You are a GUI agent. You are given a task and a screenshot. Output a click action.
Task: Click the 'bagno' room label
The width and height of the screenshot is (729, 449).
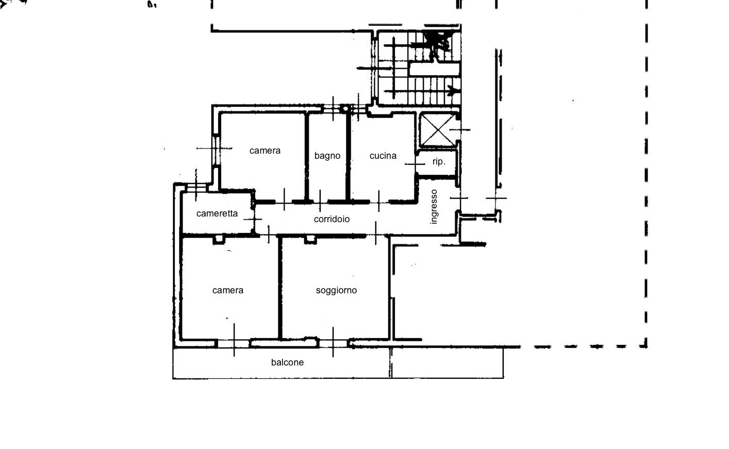tap(327, 156)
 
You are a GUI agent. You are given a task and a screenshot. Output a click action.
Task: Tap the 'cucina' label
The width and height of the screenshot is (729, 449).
tap(383, 156)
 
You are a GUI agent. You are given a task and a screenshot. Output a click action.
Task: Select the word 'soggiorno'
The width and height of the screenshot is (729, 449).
tap(336, 290)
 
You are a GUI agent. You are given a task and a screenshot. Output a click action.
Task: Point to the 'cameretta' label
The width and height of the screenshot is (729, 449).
tap(217, 213)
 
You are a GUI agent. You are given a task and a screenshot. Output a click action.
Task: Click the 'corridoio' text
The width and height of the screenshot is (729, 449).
tap(332, 219)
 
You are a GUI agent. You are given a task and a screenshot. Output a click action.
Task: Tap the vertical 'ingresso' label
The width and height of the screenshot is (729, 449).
tap(434, 207)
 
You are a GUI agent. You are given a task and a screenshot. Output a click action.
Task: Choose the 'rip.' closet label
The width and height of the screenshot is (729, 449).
tap(439, 162)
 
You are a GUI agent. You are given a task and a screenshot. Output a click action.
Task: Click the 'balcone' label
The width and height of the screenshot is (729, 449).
tap(287, 362)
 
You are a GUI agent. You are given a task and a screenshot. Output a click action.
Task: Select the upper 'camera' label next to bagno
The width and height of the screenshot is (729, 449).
tap(265, 151)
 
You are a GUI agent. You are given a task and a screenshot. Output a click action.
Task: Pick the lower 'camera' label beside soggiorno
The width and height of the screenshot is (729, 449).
tap(228, 290)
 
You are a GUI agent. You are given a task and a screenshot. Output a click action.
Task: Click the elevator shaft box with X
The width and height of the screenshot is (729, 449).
tap(437, 130)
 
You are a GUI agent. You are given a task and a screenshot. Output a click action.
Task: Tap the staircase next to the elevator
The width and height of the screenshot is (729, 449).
tap(418, 67)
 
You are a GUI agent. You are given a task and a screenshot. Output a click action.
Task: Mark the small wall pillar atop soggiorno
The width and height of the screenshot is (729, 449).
tap(310, 239)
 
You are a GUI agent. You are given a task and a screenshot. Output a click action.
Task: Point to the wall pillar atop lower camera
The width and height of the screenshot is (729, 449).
tap(220, 239)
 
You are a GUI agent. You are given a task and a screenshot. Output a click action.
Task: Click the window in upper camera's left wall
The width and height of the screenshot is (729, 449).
tap(216, 149)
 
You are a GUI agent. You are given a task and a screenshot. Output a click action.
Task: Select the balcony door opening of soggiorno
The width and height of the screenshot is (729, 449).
tap(333, 342)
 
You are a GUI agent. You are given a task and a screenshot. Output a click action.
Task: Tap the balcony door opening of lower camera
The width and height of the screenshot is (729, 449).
tap(234, 343)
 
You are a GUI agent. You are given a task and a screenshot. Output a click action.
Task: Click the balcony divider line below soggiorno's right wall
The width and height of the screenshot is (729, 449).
tap(390, 362)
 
